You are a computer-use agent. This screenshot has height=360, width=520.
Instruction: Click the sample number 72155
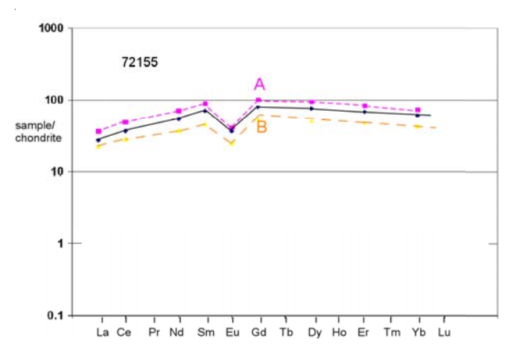(140, 62)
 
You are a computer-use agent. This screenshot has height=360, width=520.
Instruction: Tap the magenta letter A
(259, 84)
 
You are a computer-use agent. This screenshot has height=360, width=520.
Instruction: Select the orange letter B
(262, 127)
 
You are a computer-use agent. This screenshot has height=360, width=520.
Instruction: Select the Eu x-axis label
(232, 332)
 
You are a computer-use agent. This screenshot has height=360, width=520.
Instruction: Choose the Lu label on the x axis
(444, 332)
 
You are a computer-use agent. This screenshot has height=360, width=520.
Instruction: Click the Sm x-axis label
(205, 332)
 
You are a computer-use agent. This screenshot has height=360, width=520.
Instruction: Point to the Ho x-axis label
(338, 332)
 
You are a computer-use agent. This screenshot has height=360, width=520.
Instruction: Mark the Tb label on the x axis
(286, 332)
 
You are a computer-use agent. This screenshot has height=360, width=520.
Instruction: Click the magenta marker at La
(98, 131)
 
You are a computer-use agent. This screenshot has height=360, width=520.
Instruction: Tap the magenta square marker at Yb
(418, 110)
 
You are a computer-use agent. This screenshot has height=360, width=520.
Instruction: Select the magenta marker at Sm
(205, 104)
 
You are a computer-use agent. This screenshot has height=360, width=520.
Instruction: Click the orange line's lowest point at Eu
(231, 144)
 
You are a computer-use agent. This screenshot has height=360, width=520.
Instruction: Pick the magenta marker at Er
(365, 105)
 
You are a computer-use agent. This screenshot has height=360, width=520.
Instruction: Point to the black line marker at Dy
(312, 109)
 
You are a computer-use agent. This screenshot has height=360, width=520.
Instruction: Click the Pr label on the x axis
(154, 332)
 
